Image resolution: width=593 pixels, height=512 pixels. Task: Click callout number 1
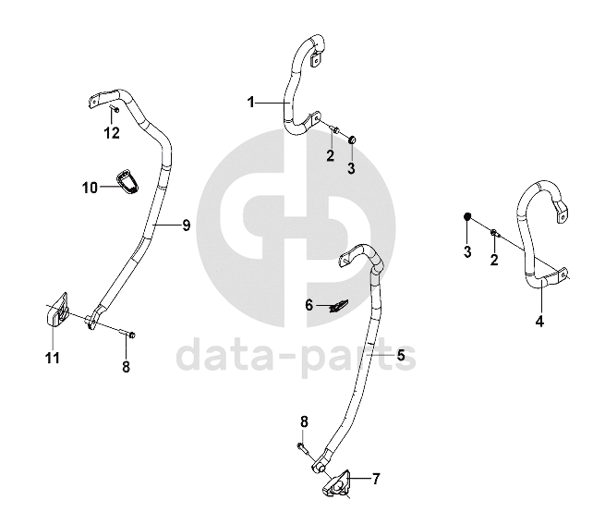250,101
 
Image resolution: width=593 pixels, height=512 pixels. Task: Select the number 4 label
539,322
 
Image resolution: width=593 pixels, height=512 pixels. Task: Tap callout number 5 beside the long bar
401,354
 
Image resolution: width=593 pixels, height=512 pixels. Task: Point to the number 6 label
310,304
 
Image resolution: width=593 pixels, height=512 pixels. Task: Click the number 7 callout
376,478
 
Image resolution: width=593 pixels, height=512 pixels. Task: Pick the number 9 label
186,225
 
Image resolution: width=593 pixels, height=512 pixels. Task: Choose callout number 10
90,188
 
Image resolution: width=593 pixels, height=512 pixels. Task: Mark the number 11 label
53,358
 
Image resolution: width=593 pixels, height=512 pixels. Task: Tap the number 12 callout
112,133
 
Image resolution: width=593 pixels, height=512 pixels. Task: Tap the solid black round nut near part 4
467,216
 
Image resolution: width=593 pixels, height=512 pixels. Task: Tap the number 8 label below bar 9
126,366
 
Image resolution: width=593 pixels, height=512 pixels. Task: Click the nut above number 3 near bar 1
352,139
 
